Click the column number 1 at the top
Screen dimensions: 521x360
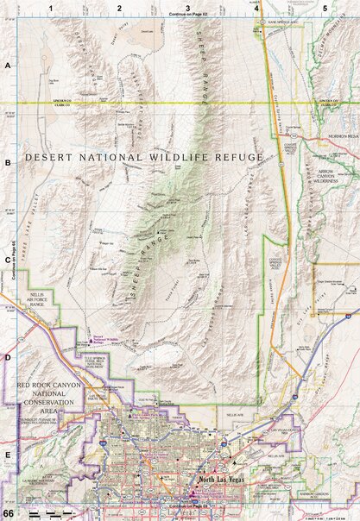52,7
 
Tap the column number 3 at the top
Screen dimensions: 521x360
188,7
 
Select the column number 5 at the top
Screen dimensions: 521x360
325,7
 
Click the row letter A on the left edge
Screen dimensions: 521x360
7,66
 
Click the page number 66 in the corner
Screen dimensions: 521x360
8,514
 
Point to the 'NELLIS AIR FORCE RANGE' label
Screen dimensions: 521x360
43,298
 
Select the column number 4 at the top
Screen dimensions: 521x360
256,7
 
